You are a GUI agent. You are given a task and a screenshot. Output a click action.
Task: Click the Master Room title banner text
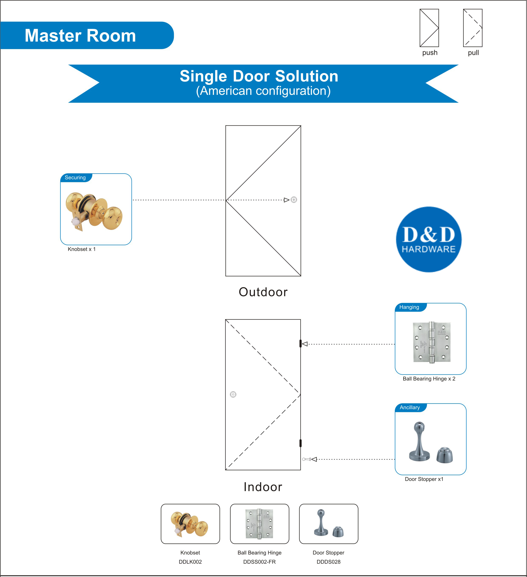80,36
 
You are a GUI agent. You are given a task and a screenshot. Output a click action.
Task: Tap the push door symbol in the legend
429,28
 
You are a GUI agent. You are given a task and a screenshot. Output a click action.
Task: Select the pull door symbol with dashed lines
472,28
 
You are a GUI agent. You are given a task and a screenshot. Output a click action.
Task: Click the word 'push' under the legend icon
430,53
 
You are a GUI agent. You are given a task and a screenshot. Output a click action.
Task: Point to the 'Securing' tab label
75,178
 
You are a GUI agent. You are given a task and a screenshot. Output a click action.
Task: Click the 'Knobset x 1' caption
82,249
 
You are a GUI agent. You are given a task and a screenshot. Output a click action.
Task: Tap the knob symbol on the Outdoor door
294,200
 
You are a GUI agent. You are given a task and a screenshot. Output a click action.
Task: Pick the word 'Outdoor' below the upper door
263,292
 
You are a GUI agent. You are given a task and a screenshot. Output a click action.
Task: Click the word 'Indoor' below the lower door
263,487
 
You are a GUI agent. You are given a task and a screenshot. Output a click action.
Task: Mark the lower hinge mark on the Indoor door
300,443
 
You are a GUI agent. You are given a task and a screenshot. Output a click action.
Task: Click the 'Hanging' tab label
409,307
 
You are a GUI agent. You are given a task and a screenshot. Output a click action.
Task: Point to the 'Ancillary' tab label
410,407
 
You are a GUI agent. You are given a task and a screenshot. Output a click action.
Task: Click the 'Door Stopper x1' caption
424,479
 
